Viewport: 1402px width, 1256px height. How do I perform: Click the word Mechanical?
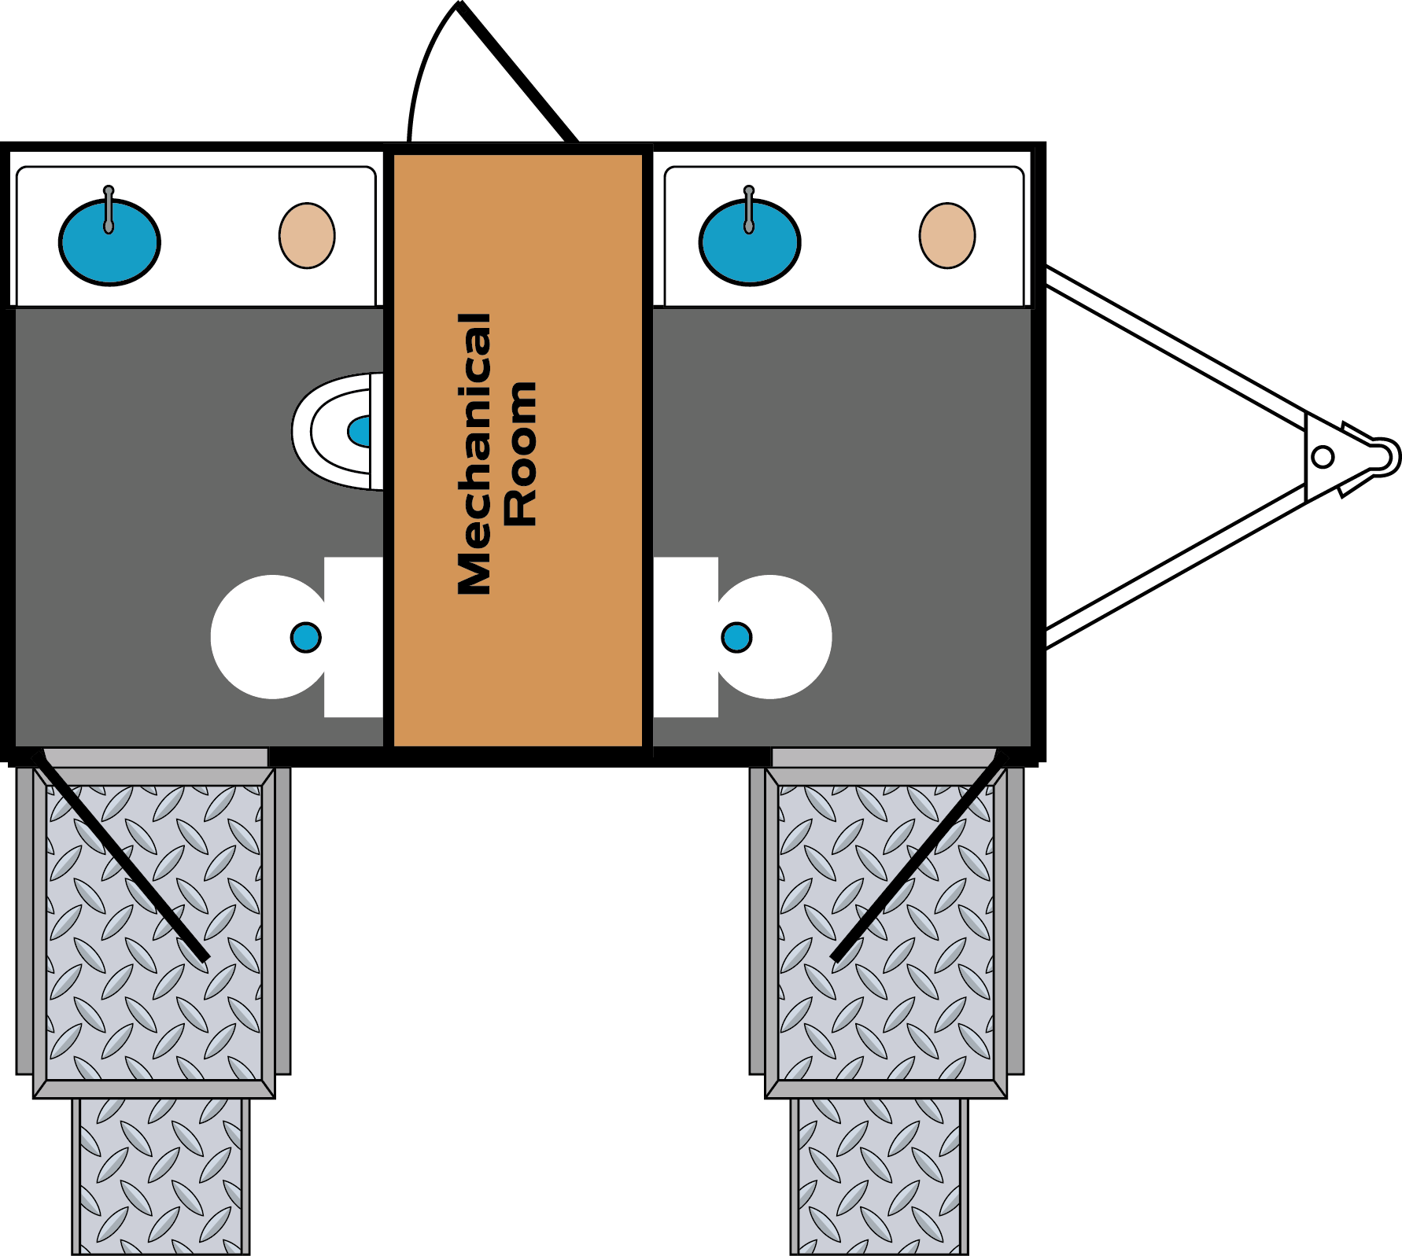coord(474,454)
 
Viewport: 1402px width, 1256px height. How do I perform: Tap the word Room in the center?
coord(520,454)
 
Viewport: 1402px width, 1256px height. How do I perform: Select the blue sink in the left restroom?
coord(109,244)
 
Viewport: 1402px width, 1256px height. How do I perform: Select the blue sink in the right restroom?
coord(750,244)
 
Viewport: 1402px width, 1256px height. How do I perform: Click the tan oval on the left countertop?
coord(307,235)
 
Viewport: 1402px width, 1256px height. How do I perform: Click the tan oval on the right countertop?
coord(947,235)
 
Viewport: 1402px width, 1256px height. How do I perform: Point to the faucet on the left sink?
coord(109,208)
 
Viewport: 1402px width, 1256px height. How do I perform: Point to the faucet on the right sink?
coord(749,208)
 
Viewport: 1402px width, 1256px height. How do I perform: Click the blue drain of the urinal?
coord(360,431)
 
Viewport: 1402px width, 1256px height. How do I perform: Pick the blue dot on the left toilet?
coord(305,637)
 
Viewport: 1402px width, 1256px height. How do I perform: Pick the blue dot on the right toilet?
coord(736,637)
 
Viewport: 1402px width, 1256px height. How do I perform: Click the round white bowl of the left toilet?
coord(260,637)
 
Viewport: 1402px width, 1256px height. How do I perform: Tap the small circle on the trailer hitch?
coord(1323,456)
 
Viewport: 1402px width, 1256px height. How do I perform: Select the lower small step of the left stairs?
coord(161,1176)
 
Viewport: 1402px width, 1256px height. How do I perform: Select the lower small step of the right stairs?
coord(880,1176)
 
